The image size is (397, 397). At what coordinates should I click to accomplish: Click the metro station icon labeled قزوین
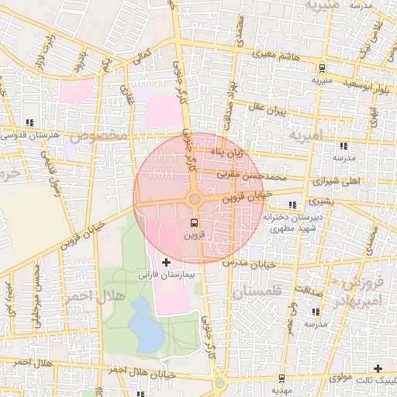tap(194, 223)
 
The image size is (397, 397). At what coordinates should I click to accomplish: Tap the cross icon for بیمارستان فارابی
tap(166, 263)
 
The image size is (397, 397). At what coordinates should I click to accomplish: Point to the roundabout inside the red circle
tap(195, 199)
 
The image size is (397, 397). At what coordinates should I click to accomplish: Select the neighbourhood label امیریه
tap(308, 136)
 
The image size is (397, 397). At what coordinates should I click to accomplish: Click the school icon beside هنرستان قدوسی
tap(29, 123)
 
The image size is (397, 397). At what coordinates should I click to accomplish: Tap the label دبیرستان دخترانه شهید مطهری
tap(292, 223)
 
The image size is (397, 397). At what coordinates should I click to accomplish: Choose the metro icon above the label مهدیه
tap(281, 378)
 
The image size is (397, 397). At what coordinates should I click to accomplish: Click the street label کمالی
tap(142, 57)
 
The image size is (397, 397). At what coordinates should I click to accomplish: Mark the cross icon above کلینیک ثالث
tap(378, 368)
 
